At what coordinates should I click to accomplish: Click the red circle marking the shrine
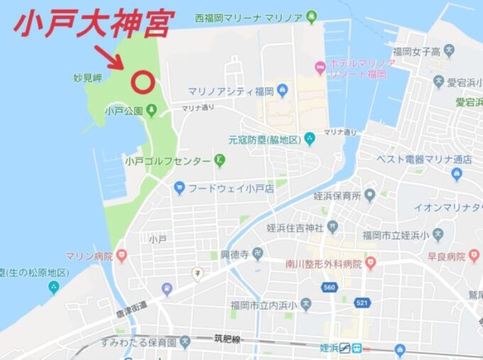pos(143,82)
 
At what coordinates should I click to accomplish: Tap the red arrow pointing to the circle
pos(112,56)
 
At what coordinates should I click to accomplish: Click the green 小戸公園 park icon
pos(151,111)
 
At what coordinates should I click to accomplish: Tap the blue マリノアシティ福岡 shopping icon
pos(283,91)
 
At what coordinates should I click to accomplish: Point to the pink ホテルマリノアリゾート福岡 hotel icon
pos(320,68)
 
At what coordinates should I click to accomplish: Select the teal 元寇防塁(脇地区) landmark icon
pos(309,138)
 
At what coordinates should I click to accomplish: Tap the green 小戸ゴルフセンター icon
pos(219,160)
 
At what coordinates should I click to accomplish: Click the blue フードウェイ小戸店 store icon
pos(179,188)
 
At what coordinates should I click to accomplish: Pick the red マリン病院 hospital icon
pos(123,256)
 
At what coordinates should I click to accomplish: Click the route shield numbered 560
pos(327,288)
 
